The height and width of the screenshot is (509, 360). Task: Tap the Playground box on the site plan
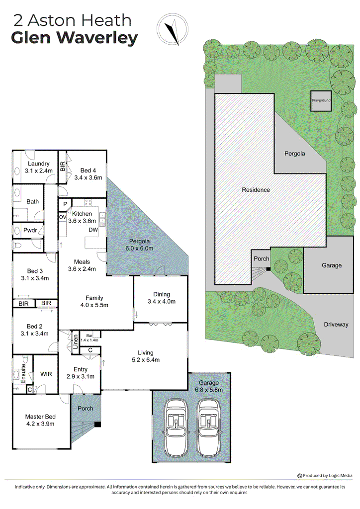click(x=321, y=100)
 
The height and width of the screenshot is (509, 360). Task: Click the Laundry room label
click(x=38, y=168)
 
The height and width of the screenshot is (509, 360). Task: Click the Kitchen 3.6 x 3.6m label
click(x=82, y=217)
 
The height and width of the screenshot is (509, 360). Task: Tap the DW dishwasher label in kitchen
click(x=93, y=230)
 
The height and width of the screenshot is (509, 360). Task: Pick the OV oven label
click(x=63, y=217)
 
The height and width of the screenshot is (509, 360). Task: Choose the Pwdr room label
click(x=29, y=231)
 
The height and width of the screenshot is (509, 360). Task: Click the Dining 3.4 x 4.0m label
click(x=161, y=298)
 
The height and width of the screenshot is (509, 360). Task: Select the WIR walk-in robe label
click(x=46, y=374)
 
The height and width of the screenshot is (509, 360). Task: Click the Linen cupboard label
click(x=75, y=343)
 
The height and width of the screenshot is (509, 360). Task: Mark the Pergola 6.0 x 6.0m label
click(x=138, y=245)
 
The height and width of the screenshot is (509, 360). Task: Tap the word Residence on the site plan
click(x=256, y=189)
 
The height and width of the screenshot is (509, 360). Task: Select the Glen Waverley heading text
click(x=74, y=38)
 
